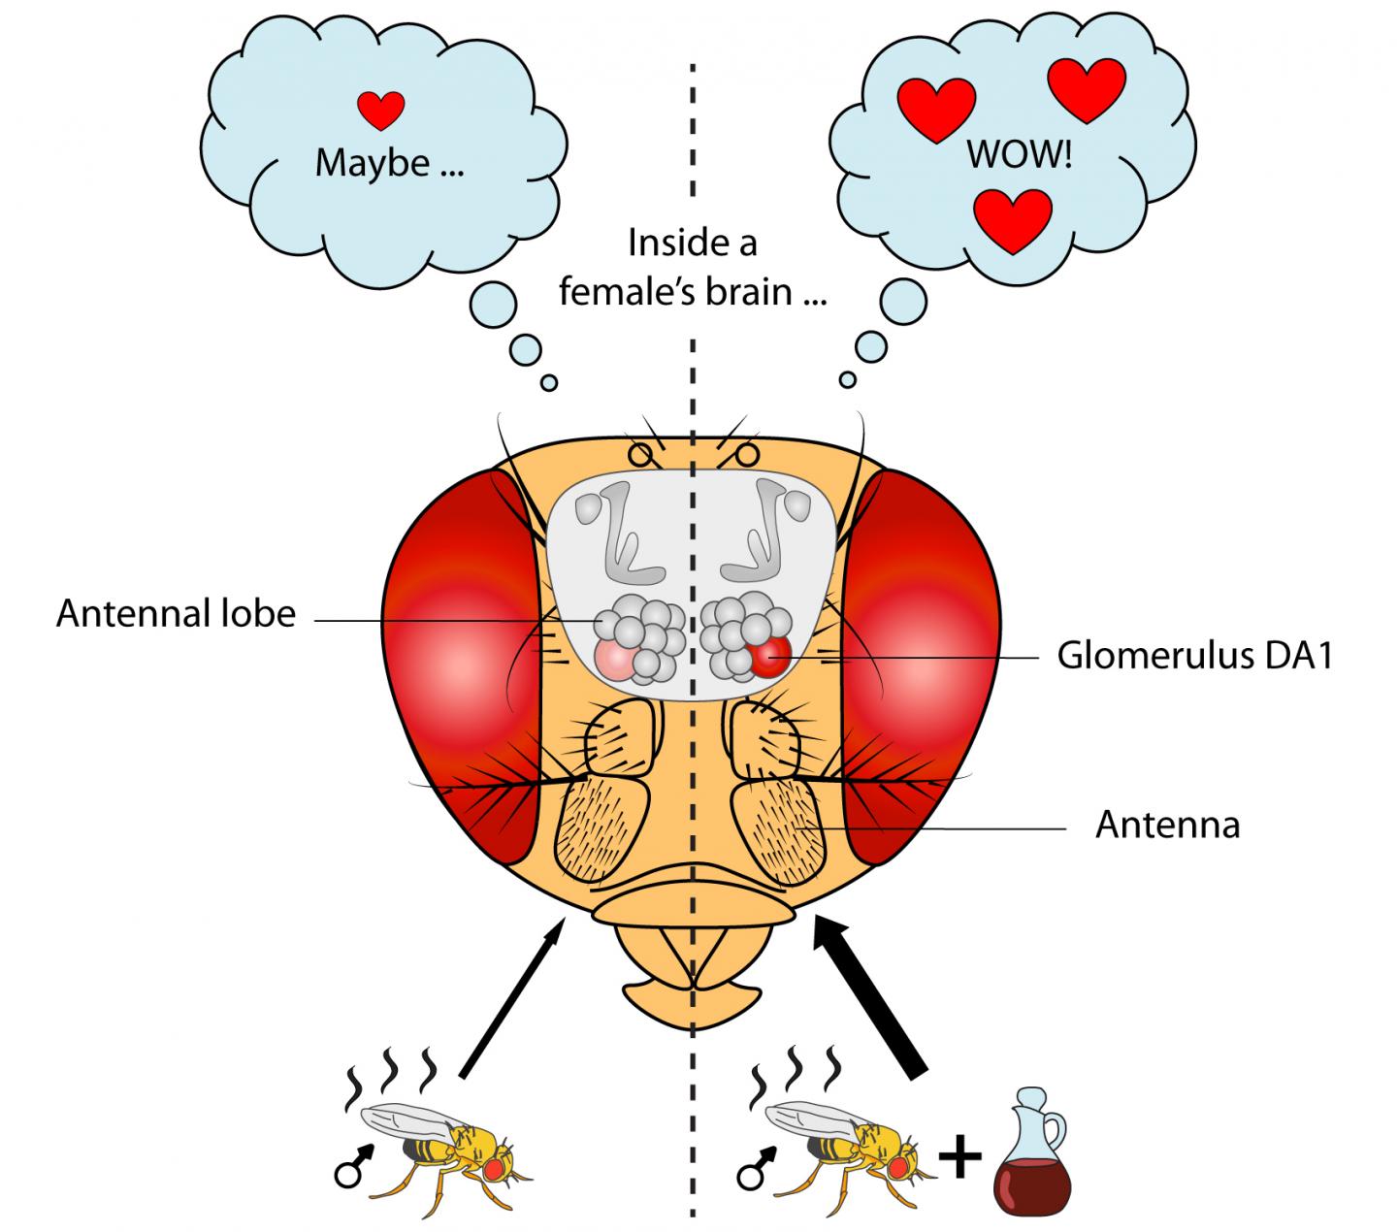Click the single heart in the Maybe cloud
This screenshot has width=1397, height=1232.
click(x=381, y=110)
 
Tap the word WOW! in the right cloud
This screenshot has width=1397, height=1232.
click(x=1019, y=155)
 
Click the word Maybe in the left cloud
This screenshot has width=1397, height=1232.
click(x=372, y=163)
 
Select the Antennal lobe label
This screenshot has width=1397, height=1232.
click(x=176, y=614)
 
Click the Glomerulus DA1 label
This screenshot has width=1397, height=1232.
click(x=1194, y=657)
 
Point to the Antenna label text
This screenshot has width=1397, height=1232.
click(x=1167, y=825)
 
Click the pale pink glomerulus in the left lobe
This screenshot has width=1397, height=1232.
click(x=616, y=660)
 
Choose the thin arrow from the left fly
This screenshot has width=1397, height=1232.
click(x=510, y=999)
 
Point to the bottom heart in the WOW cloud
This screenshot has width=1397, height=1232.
click(x=1013, y=219)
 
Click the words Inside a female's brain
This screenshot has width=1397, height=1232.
click(x=692, y=267)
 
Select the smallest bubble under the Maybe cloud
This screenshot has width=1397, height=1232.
click(x=549, y=383)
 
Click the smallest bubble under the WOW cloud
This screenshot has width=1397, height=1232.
click(x=848, y=379)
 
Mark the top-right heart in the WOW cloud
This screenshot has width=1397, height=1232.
click(x=1087, y=88)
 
